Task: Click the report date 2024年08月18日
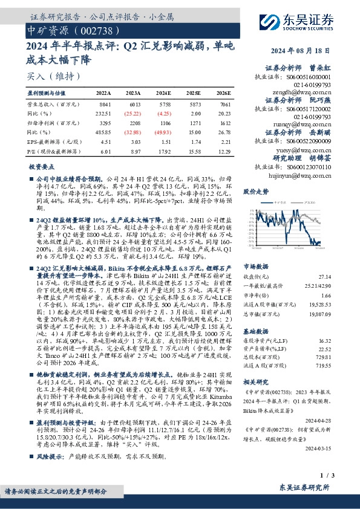[x=315, y=50]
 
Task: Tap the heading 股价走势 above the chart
[x=255, y=190]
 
